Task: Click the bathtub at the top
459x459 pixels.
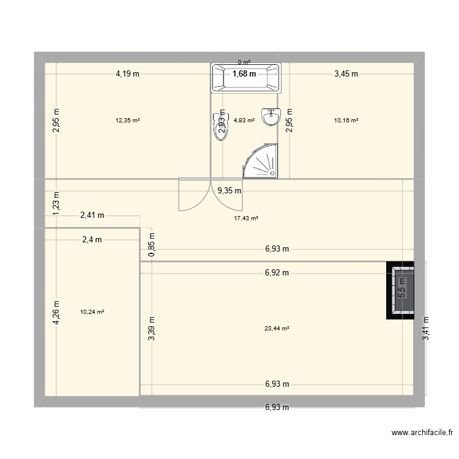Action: (245, 78)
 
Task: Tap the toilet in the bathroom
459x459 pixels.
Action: (220, 127)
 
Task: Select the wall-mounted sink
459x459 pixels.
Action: (270, 116)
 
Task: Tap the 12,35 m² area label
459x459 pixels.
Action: (127, 121)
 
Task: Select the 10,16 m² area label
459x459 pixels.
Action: (346, 121)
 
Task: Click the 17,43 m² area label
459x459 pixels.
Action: (246, 218)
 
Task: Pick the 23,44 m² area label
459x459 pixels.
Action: (277, 328)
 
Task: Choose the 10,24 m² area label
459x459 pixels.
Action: (92, 312)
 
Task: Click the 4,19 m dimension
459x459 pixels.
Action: (127, 74)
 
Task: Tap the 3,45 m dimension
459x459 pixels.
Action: (346, 74)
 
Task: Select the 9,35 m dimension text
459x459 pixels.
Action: (229, 190)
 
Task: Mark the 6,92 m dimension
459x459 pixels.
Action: (277, 273)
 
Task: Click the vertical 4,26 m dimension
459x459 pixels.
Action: (56, 312)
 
